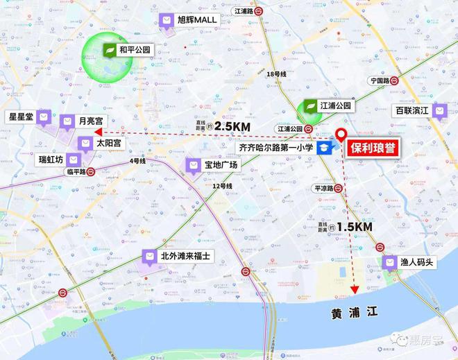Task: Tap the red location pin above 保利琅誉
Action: [x=341, y=136]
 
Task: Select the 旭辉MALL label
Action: [x=197, y=21]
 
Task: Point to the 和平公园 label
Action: [x=135, y=50]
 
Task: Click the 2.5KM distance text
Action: [x=232, y=126]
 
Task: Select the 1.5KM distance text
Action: [x=355, y=227]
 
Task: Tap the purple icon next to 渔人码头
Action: [x=389, y=263]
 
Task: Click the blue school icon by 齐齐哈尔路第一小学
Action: [x=324, y=148]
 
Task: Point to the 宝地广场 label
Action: [x=221, y=165]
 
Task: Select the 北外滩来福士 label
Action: [x=185, y=256]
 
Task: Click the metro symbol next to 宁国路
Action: [x=393, y=80]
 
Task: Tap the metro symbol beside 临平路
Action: [x=91, y=171]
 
